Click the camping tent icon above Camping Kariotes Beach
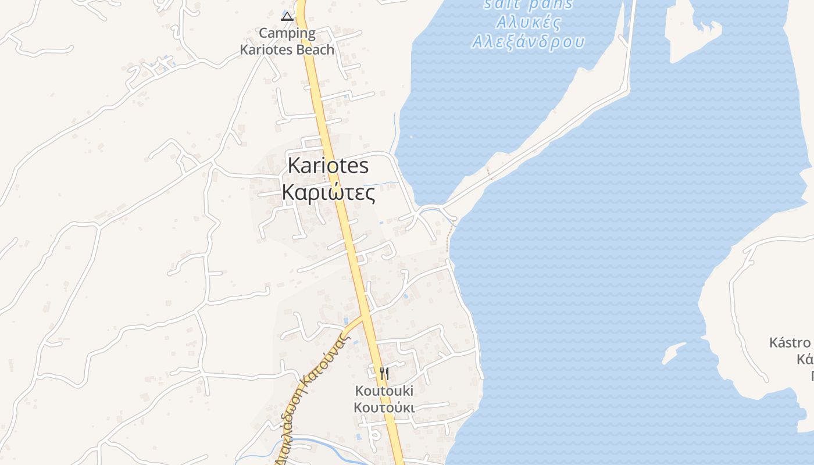(x=287, y=16)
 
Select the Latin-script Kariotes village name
(x=329, y=166)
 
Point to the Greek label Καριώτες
(x=329, y=192)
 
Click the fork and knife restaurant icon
(x=384, y=373)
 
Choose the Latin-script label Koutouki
(x=384, y=390)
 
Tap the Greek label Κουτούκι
(x=384, y=407)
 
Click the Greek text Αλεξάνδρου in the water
(x=528, y=42)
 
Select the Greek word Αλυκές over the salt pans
(x=529, y=23)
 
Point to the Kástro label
(x=790, y=342)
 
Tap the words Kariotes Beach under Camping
(x=287, y=49)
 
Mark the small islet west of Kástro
(x=674, y=352)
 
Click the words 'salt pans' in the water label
(x=529, y=5)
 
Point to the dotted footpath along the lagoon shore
(x=449, y=238)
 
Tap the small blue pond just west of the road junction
(x=347, y=320)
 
